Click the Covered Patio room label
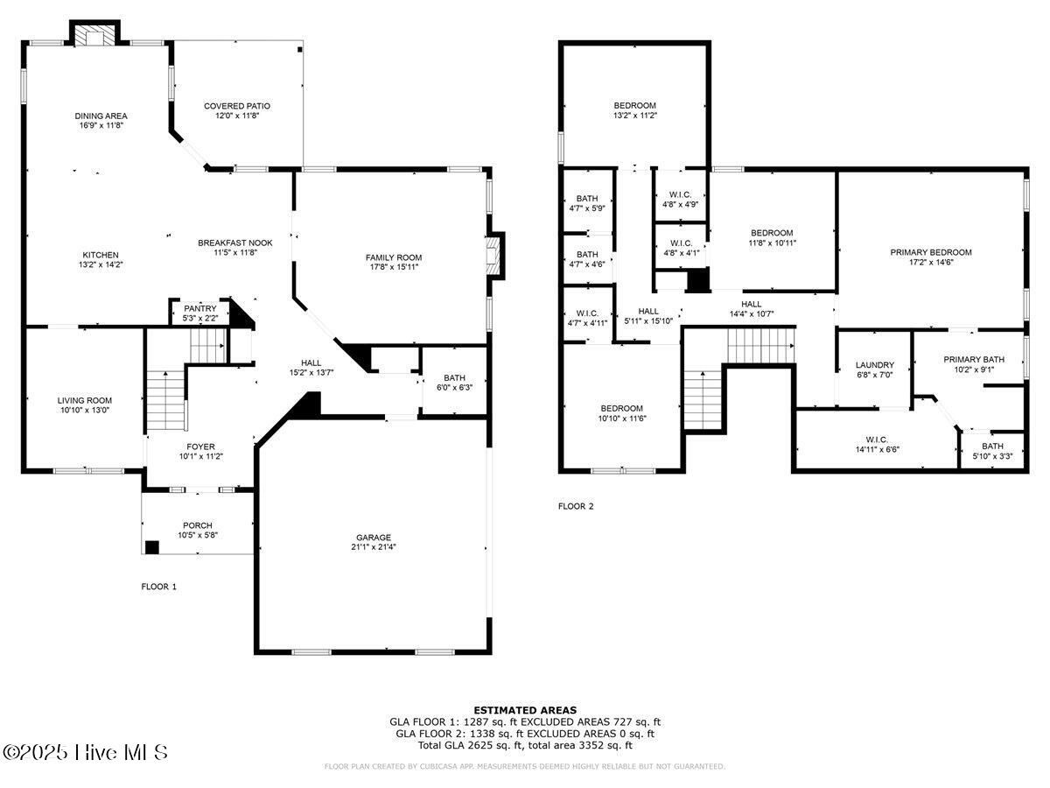(x=237, y=106)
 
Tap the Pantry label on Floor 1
(x=200, y=308)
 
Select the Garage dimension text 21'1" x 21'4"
(x=373, y=547)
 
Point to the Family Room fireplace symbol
(x=493, y=256)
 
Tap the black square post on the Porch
(x=151, y=547)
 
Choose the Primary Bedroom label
(x=931, y=252)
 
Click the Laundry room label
(x=874, y=365)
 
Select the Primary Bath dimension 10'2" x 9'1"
(x=974, y=369)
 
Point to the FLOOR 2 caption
(x=576, y=506)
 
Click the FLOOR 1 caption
(x=159, y=587)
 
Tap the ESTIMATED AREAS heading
(x=525, y=710)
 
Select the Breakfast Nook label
(x=235, y=243)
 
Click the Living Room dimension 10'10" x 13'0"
(x=85, y=410)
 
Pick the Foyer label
(x=201, y=447)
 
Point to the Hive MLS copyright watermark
(x=85, y=753)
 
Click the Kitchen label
(x=101, y=255)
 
